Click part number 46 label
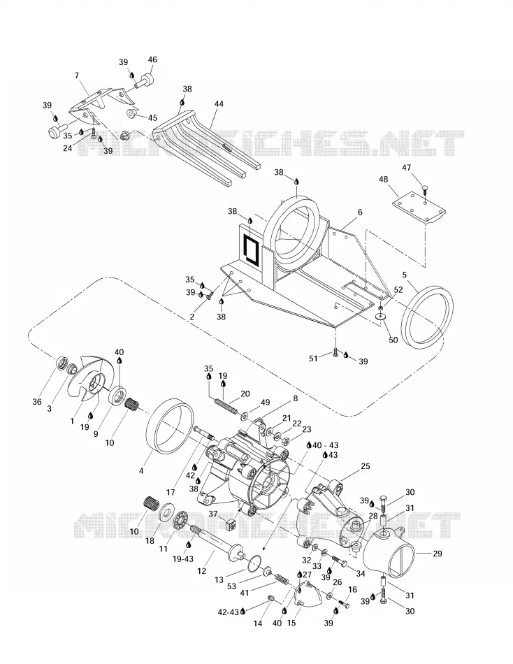point(152,59)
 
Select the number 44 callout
point(219,103)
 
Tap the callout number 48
point(384,180)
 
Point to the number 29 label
point(438,553)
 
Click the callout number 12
point(202,570)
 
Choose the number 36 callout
point(37,401)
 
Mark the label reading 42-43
point(229,612)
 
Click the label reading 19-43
point(183,559)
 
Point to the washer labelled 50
point(381,317)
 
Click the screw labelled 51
point(335,352)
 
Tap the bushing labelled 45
point(131,113)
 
